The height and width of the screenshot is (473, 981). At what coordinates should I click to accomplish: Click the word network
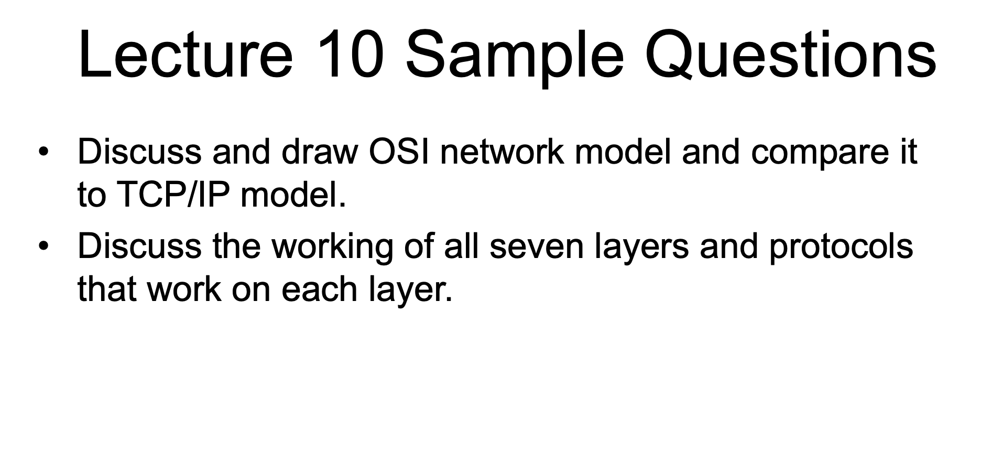click(x=502, y=152)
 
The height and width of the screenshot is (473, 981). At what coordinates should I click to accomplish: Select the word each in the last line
click(x=319, y=289)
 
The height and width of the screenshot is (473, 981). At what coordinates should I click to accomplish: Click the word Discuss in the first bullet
click(x=139, y=152)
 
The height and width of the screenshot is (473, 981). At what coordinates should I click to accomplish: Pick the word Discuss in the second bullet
click(x=139, y=246)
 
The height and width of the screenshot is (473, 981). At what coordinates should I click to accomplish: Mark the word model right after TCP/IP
click(x=293, y=195)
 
